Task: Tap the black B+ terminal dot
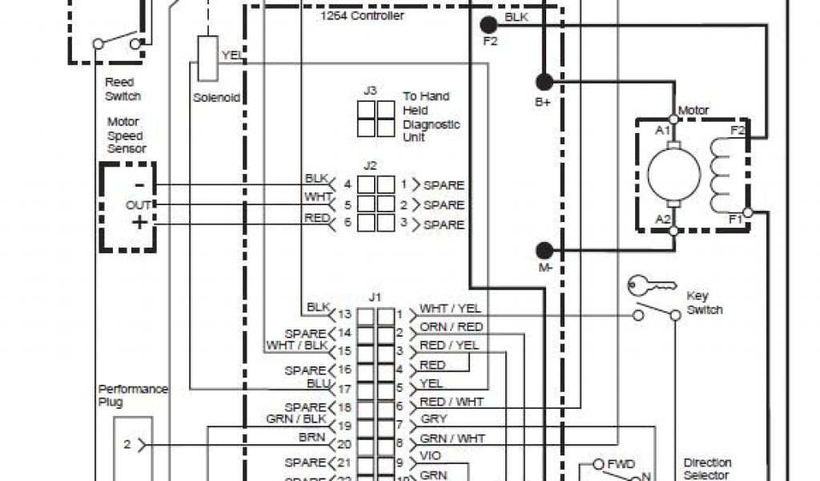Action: [x=544, y=81]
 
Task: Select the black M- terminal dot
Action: [x=545, y=250]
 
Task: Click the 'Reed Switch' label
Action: [x=122, y=89]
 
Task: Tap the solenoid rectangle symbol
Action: [x=207, y=58]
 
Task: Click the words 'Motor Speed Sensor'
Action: [x=126, y=135]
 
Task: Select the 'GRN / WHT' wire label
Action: [x=452, y=438]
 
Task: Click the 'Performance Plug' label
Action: [x=123, y=395]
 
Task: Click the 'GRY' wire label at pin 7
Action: [x=433, y=419]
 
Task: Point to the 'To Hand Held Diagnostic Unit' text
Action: [x=431, y=117]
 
